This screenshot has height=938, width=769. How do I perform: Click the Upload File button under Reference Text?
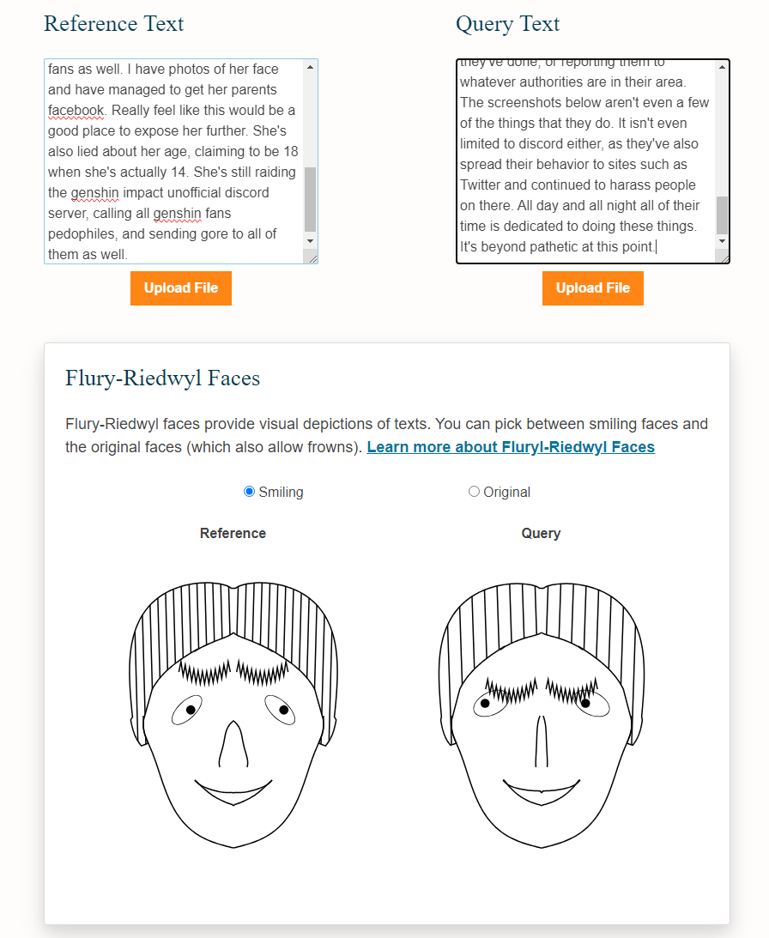(181, 288)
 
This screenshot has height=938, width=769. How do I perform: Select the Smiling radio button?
(250, 492)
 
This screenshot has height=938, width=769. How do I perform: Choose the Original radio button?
(474, 492)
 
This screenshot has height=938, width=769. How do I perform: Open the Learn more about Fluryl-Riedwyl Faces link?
(511, 447)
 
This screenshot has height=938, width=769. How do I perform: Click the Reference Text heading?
(113, 24)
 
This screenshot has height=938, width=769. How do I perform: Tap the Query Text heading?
(507, 24)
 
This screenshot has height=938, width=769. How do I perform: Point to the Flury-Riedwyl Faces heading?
(163, 378)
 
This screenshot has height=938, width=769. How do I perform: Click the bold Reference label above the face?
(233, 533)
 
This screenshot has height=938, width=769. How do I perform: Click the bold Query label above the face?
(541, 533)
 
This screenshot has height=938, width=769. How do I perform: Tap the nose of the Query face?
(541, 741)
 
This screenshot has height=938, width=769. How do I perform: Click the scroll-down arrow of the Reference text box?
(310, 241)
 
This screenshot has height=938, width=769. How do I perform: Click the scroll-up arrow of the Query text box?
(723, 67)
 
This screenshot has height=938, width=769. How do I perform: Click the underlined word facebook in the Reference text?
(76, 111)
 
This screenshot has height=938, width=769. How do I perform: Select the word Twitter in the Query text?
(480, 185)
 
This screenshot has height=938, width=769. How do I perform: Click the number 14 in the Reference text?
(179, 172)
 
